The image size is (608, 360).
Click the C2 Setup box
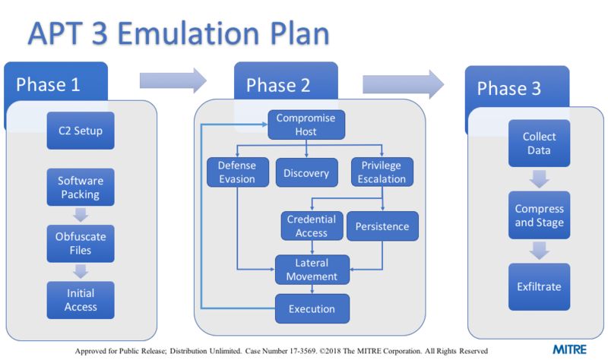tap(81, 131)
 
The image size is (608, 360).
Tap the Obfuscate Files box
tap(81, 243)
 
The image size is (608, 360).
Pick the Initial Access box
tap(81, 301)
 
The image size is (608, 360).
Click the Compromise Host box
tap(306, 125)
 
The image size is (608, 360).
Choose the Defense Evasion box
tap(237, 173)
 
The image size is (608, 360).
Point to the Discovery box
tap(306, 173)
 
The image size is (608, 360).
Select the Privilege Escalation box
tap(382, 173)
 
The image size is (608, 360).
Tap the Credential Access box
tap(312, 226)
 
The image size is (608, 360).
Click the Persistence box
tap(382, 226)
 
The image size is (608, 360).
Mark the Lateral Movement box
tap(312, 270)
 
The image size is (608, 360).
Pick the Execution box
tap(312, 309)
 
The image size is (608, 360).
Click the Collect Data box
tap(539, 144)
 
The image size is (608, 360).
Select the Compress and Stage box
tap(539, 216)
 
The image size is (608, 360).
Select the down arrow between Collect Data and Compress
tap(539, 179)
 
